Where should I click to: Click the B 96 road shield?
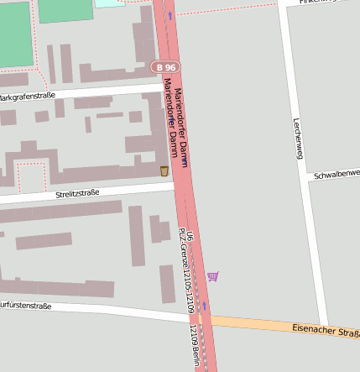click(x=164, y=66)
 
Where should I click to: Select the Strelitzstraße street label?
click(x=77, y=193)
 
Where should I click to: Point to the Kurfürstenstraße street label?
click(x=25, y=307)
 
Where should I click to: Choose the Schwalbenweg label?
click(x=336, y=175)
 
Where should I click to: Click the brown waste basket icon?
click(x=164, y=171)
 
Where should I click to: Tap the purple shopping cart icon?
click(x=213, y=275)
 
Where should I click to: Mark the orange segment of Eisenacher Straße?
click(x=252, y=323)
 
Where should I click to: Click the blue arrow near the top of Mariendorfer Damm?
click(x=170, y=14)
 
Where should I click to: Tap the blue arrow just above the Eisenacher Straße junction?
click(x=202, y=306)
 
